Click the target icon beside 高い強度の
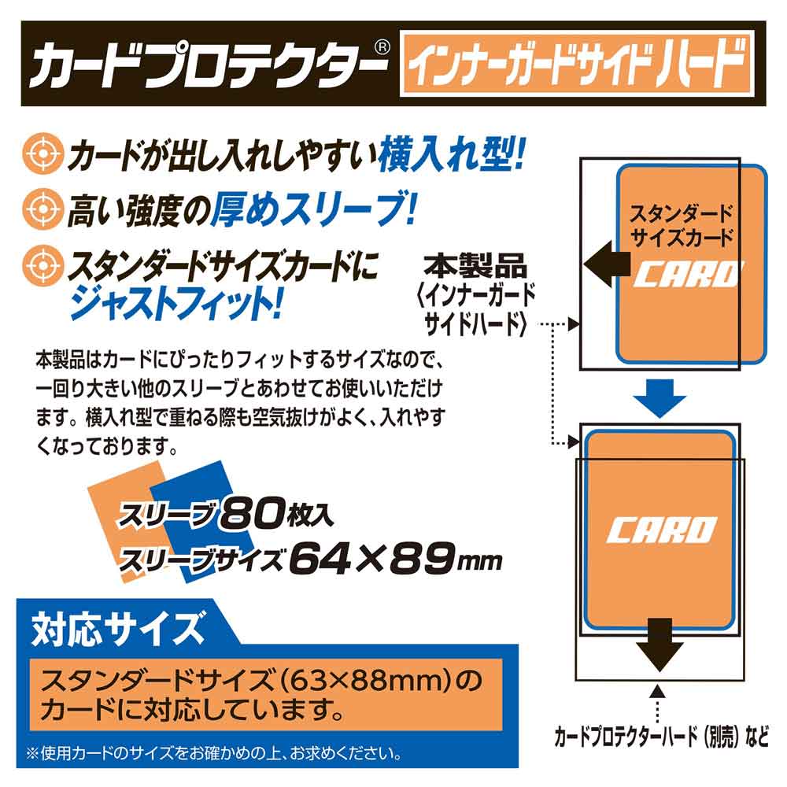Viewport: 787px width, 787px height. [40, 211]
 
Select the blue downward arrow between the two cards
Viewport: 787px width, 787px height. [660, 399]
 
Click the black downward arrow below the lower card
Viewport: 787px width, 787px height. [660, 642]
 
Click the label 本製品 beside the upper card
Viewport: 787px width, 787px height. [475, 263]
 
